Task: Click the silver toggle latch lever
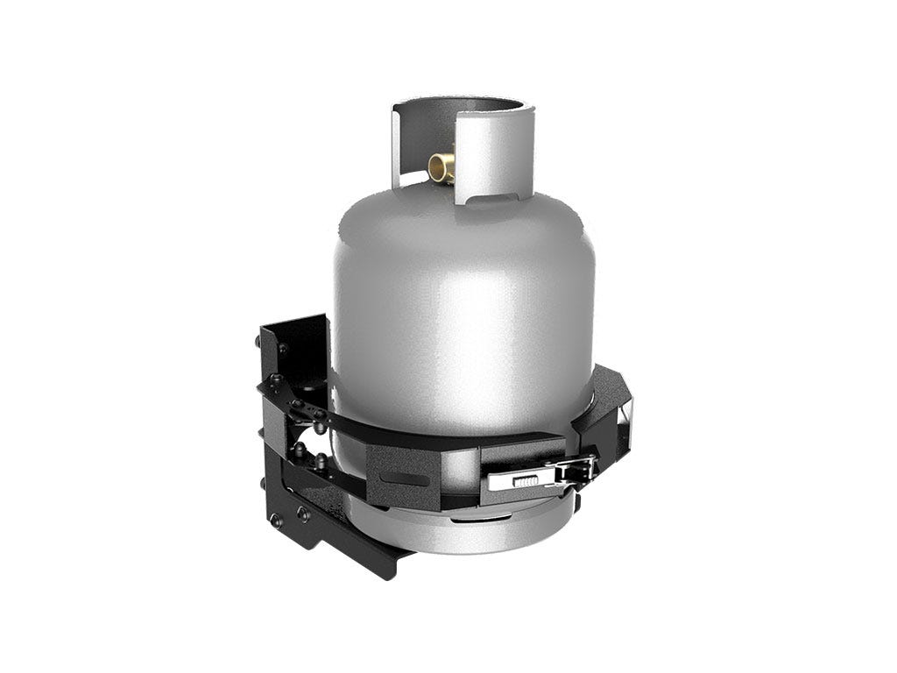[x=526, y=480]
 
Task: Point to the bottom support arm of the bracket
[x=350, y=543]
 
